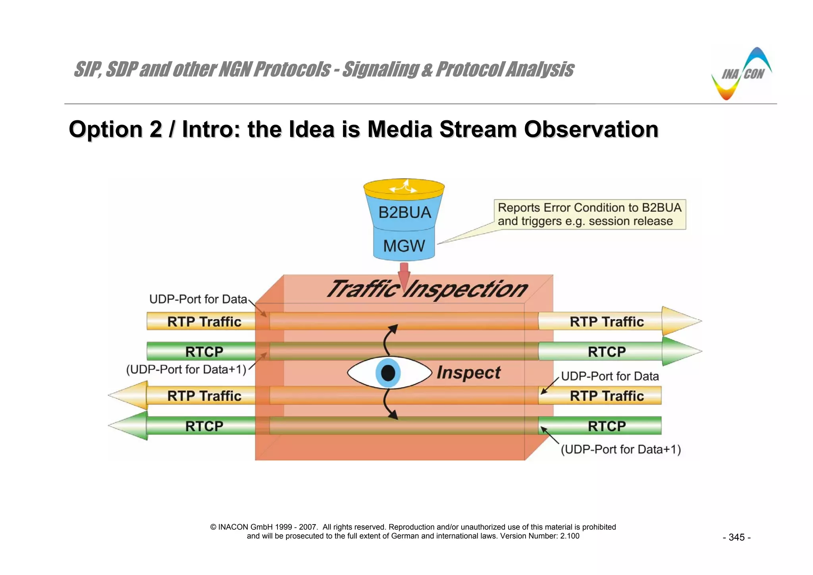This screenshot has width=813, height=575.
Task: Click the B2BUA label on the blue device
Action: click(405, 212)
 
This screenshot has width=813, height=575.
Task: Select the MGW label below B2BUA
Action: click(404, 246)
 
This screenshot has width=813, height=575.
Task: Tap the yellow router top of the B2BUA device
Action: click(404, 187)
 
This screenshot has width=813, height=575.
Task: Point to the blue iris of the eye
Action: click(388, 373)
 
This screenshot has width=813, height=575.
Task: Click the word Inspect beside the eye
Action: click(468, 373)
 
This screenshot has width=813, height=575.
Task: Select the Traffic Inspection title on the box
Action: click(427, 289)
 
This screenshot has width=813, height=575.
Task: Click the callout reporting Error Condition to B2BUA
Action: click(590, 214)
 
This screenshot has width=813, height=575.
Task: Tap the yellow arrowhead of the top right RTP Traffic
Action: click(680, 321)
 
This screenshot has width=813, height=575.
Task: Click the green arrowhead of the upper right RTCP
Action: click(680, 351)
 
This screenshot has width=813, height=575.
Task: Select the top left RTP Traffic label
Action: click(204, 321)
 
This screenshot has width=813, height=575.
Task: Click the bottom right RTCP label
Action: click(607, 426)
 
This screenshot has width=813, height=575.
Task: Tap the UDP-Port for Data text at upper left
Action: click(198, 299)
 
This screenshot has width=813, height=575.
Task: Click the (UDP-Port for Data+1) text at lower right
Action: click(621, 449)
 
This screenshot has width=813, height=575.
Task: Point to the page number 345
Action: click(736, 537)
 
